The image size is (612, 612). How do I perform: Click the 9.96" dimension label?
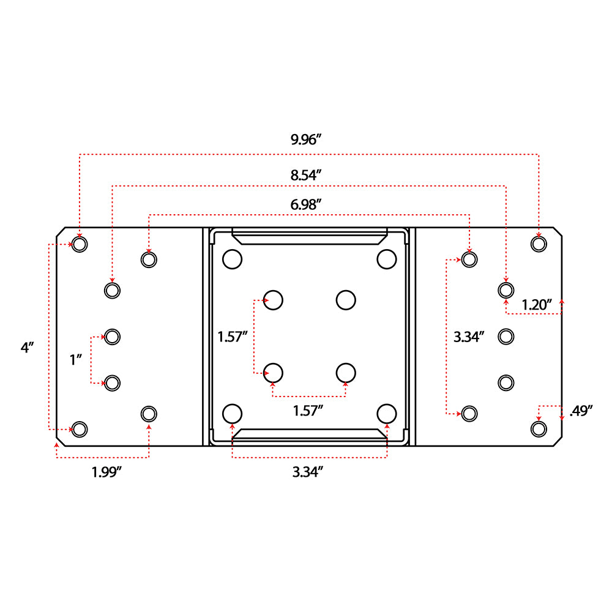pos(306,139)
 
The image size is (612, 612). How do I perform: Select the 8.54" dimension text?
pos(306,174)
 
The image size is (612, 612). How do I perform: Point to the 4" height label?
pos(27,348)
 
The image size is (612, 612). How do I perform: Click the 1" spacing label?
pos(76,359)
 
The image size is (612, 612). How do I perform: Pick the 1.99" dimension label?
pos(110,472)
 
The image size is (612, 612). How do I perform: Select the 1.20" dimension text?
pos(537,304)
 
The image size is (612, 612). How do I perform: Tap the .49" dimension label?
pos(581,411)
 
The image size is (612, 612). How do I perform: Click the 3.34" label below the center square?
pos(307,472)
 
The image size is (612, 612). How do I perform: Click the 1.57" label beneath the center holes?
pos(307,411)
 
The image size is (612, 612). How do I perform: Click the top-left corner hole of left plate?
pos(80,244)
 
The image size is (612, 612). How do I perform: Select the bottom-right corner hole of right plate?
pos(538,428)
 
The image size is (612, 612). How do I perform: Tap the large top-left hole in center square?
pos(232,259)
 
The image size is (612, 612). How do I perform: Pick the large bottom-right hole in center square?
pos(386,413)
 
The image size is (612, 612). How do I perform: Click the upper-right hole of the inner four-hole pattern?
pos(346,300)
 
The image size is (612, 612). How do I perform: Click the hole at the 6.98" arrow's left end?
pos(148,259)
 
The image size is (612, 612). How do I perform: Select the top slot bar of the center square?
pos(309,236)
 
